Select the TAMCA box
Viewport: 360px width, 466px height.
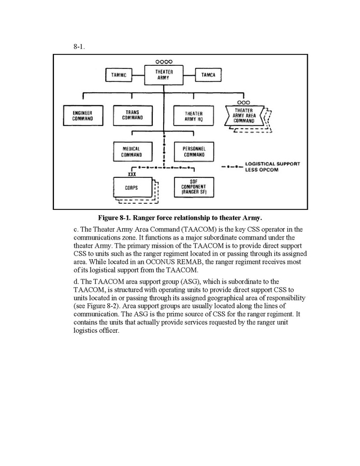pos(208,75)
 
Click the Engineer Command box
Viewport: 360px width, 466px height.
pos(83,115)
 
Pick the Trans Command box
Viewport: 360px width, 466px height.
pos(133,115)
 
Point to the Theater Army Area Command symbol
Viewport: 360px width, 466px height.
pos(244,116)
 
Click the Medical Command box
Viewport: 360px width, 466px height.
pos(132,151)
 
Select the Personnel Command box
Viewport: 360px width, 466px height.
pos(194,151)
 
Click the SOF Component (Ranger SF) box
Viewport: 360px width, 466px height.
pos(194,187)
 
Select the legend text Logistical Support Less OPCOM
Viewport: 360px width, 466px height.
pos(272,167)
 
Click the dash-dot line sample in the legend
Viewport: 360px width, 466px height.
pos(231,167)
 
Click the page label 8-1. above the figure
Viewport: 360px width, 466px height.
pos(79,47)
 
